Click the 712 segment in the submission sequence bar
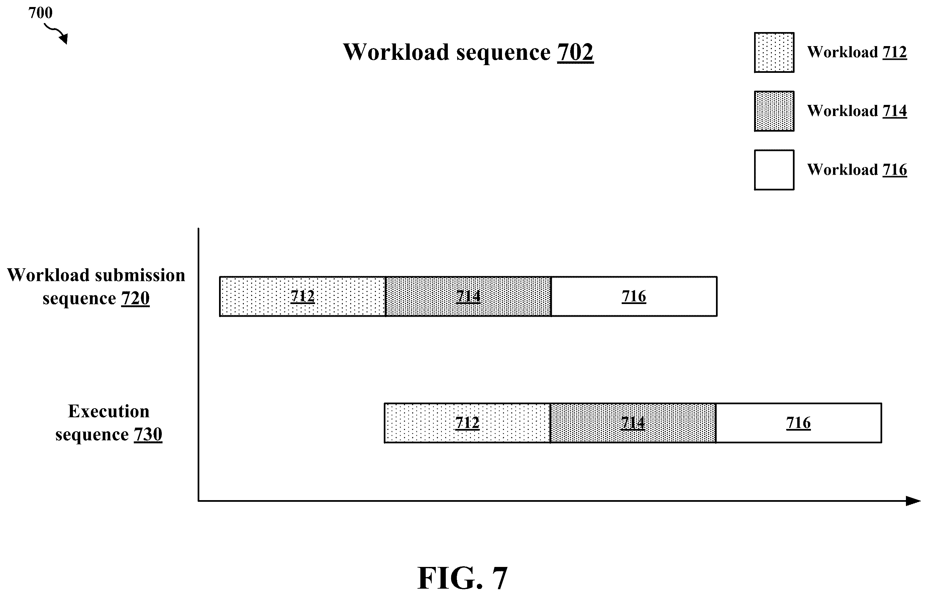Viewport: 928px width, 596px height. pyautogui.click(x=303, y=296)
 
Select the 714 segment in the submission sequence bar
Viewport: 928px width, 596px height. pyautogui.click(x=468, y=296)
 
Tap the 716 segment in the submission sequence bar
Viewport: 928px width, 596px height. pyautogui.click(x=634, y=296)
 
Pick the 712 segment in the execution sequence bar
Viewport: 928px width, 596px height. pyautogui.click(x=467, y=423)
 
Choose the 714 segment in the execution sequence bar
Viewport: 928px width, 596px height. pyautogui.click(x=633, y=423)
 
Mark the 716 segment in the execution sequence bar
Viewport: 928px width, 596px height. pyautogui.click(x=799, y=423)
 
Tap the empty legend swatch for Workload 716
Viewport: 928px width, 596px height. pyautogui.click(x=774, y=170)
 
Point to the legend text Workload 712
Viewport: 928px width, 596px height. pyautogui.click(x=857, y=52)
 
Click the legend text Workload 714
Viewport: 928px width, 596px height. pyautogui.click(x=857, y=111)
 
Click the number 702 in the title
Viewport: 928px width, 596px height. pyautogui.click(x=575, y=52)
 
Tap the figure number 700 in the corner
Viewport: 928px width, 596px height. pyautogui.click(x=40, y=13)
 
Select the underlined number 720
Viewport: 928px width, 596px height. pyautogui.click(x=135, y=298)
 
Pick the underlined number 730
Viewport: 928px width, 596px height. pyautogui.click(x=148, y=434)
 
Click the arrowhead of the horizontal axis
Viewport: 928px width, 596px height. pyautogui.click(x=913, y=501)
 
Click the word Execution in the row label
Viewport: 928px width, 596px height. pyautogui.click(x=109, y=411)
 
